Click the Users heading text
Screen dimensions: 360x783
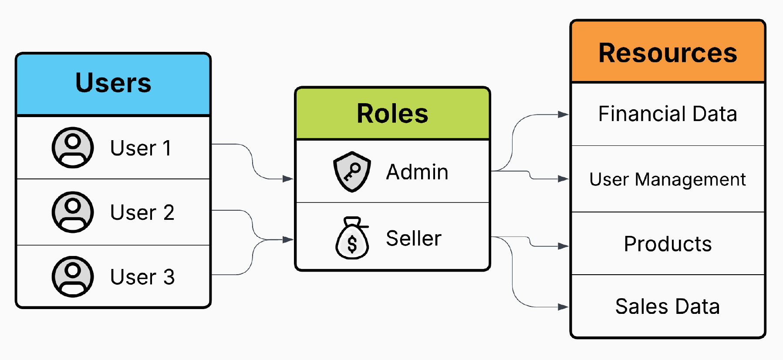pyautogui.click(x=113, y=83)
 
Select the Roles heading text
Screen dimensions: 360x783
pyautogui.click(x=392, y=114)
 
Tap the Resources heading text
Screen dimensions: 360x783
pyautogui.click(x=668, y=53)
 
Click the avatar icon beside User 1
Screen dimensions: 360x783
pyautogui.click(x=73, y=148)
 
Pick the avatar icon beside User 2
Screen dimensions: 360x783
pyautogui.click(x=73, y=212)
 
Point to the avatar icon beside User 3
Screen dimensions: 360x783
pyautogui.click(x=73, y=276)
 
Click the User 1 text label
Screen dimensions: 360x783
pyautogui.click(x=141, y=148)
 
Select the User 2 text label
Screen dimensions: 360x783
pyautogui.click(x=142, y=212)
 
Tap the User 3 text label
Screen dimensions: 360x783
pyautogui.click(x=142, y=277)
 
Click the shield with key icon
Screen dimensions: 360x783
pyautogui.click(x=352, y=172)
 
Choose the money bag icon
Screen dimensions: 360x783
pyautogui.click(x=352, y=239)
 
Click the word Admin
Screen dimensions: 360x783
pyautogui.click(x=417, y=172)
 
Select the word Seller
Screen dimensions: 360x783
pyautogui.click(x=413, y=239)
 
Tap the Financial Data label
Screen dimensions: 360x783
pyautogui.click(x=668, y=114)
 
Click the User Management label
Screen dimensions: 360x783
pyautogui.click(x=668, y=179)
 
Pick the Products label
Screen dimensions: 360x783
pyautogui.click(x=668, y=244)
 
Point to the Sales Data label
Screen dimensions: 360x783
pyautogui.click(x=668, y=306)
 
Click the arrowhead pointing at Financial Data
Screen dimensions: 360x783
pyautogui.click(x=564, y=114)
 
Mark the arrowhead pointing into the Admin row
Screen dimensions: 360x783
pyautogui.click(x=287, y=178)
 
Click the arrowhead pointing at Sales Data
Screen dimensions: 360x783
pyautogui.click(x=564, y=307)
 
